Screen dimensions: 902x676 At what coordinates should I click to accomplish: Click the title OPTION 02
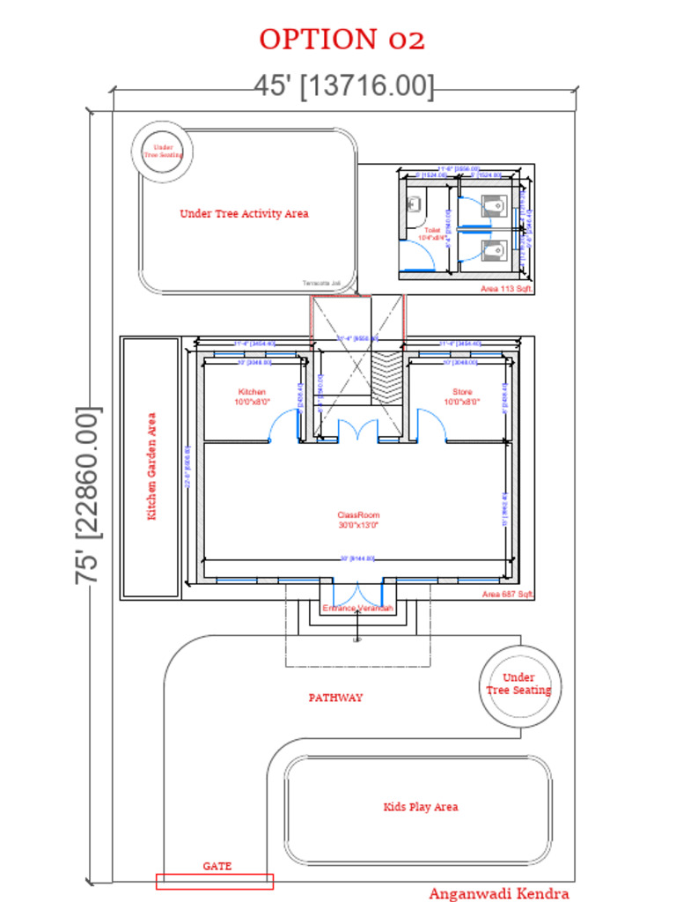(342, 40)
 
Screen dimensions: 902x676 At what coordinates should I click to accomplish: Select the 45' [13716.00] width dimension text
(344, 86)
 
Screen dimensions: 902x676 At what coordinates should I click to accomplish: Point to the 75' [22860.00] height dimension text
(89, 494)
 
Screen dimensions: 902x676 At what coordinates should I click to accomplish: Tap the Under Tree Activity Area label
(244, 213)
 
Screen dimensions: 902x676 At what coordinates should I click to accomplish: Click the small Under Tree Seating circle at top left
(164, 151)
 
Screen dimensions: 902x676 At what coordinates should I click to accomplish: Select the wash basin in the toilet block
(414, 205)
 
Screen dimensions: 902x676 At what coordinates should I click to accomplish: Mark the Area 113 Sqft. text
(507, 288)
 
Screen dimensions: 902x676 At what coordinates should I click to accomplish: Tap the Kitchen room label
(252, 396)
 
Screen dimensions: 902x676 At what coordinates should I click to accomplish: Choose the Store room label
(462, 396)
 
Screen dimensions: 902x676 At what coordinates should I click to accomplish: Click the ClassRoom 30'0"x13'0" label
(357, 520)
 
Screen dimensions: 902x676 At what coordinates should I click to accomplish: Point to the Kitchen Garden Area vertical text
(151, 466)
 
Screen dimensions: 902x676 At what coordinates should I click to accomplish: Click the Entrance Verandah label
(357, 609)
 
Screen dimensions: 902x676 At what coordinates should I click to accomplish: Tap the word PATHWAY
(335, 698)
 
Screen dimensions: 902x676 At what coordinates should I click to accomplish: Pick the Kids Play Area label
(420, 807)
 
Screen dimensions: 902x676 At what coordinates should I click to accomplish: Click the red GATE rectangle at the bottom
(215, 881)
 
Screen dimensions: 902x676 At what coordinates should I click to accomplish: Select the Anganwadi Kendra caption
(498, 893)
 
